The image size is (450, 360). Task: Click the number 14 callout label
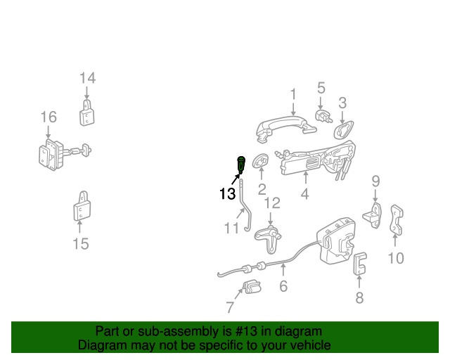87,78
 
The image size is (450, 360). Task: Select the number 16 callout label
48,116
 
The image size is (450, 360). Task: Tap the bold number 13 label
227,194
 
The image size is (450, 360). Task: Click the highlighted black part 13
242,165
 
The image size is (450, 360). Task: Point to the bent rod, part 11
244,207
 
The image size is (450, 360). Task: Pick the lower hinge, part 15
80,209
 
